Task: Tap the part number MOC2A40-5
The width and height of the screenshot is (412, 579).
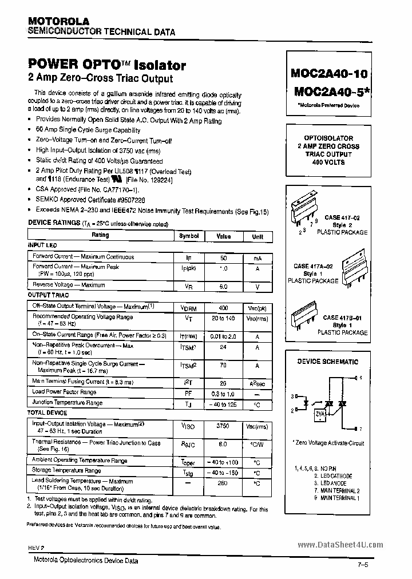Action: (x=331, y=92)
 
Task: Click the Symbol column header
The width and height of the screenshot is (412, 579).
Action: (x=189, y=236)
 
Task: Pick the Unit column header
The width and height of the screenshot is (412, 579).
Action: (x=257, y=236)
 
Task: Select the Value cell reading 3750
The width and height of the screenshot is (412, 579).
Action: (x=223, y=426)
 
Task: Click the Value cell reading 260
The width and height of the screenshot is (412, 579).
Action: (x=223, y=483)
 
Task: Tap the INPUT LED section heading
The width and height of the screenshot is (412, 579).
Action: (x=42, y=245)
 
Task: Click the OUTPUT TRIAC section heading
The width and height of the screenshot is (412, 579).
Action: (x=49, y=295)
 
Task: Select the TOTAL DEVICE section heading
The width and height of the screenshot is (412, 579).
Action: (x=47, y=412)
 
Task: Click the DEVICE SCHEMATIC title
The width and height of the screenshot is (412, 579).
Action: (x=328, y=362)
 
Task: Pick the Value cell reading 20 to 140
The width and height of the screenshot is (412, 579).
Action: (x=223, y=318)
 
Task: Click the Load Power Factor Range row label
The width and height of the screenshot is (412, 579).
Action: (x=64, y=392)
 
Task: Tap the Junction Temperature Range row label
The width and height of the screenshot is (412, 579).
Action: (x=68, y=403)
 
